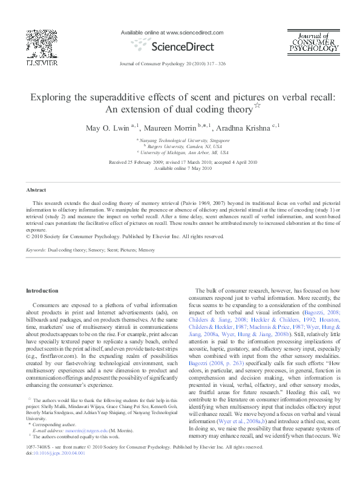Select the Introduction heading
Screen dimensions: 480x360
[x=42, y=291]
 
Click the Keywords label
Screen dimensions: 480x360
[x=36, y=249]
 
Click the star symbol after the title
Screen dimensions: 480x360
[x=257, y=106]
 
